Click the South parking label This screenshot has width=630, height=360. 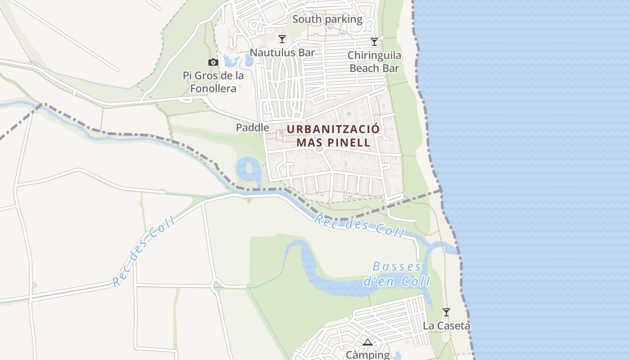pos(327,19)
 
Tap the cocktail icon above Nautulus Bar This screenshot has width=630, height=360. pos(282,39)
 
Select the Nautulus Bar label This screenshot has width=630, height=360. pos(282,53)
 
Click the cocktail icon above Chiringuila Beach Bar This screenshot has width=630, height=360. pos(374,42)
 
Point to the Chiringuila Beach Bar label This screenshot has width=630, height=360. pos(374,62)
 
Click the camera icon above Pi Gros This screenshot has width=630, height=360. pos(213,62)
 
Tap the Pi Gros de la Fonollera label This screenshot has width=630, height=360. pos(213,82)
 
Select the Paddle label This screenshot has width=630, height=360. pos(252,128)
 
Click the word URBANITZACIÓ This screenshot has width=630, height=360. pos(333,129)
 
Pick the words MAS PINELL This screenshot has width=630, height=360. pos(333,143)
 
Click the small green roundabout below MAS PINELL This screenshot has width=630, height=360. pos(319,148)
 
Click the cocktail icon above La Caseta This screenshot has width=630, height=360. pos(446,312)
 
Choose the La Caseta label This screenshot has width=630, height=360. pos(446,325)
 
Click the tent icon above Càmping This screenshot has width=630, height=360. pos(368,342)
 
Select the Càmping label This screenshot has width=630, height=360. pos(368,355)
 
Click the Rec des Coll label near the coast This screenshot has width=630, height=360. pos(360,225)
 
